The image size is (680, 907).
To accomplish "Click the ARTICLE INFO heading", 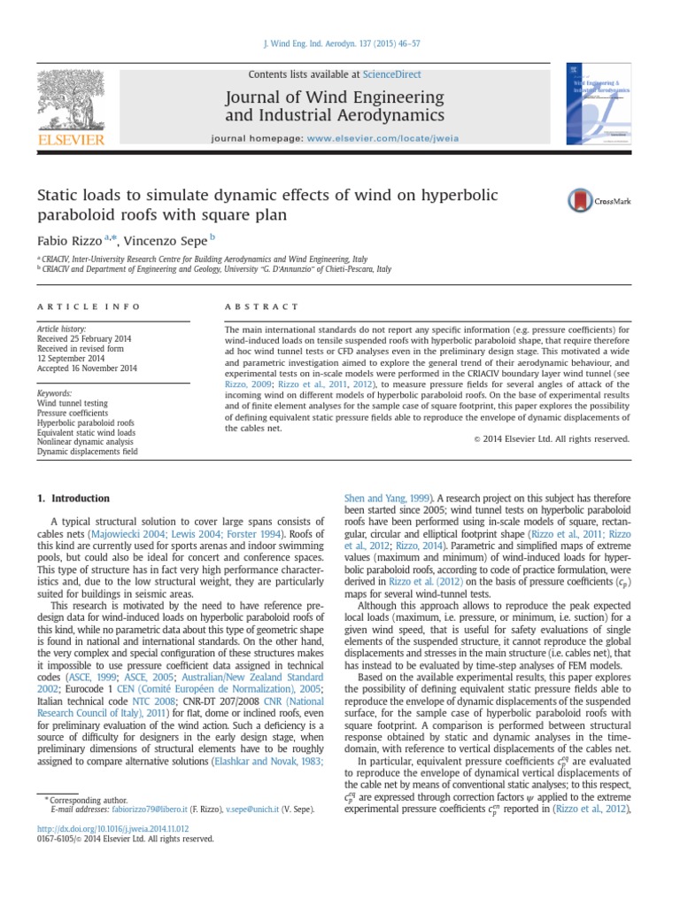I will tap(88, 306).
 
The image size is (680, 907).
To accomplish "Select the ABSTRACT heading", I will tap(262, 306).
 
